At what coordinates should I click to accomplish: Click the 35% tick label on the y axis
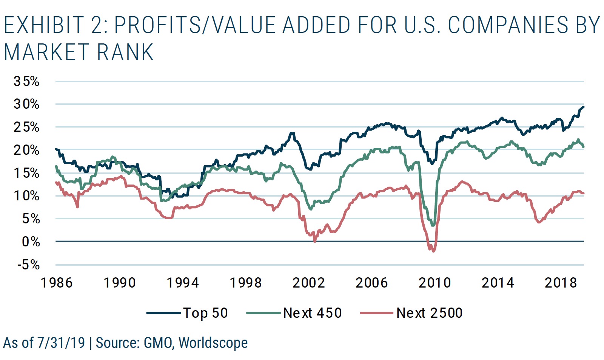pos(26,81)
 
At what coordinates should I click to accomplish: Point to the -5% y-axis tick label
pos(29,265)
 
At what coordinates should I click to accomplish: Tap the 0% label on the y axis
pos(31,242)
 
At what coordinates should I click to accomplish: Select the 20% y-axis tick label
pos(26,150)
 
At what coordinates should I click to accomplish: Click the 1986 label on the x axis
pos(56,283)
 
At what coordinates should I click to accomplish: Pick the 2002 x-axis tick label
pos(308,283)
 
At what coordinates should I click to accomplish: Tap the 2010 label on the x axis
pos(435,283)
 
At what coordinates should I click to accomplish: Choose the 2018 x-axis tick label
pos(561,283)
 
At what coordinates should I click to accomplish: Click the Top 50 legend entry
pos(205,313)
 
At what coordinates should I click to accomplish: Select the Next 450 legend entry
pos(312,313)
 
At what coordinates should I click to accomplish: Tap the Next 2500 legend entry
pos(429,313)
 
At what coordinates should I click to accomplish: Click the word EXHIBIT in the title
pos(44,25)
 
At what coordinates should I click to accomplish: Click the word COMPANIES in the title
pos(508,25)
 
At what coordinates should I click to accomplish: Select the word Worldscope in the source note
pos(213,343)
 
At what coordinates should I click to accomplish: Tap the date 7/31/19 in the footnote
pos(61,343)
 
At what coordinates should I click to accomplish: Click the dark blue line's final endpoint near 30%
pos(583,107)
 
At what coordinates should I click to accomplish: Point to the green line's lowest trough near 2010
pos(433,225)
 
